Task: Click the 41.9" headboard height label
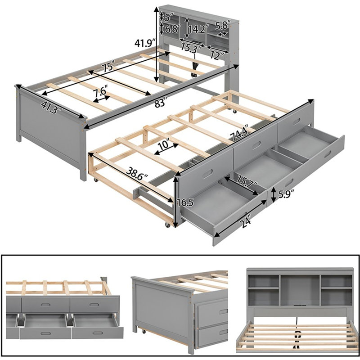click(x=145, y=43)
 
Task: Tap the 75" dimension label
click(x=108, y=67)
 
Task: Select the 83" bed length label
click(x=160, y=103)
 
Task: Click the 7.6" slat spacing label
click(x=100, y=92)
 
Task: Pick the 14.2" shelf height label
click(x=198, y=29)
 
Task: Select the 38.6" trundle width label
click(x=137, y=174)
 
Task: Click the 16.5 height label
click(x=185, y=202)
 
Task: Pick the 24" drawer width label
click(x=245, y=221)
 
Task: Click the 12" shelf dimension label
click(x=217, y=55)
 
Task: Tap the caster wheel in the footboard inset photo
click(x=144, y=332)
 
